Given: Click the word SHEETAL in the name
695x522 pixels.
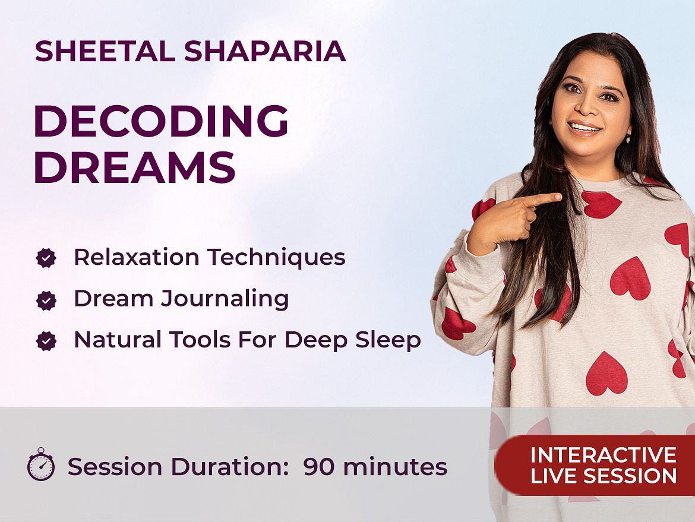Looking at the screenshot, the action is click(106, 51).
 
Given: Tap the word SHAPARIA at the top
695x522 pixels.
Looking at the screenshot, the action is click(265, 51).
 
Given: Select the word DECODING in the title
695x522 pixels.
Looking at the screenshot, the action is click(161, 121).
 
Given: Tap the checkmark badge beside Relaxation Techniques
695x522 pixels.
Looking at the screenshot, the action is click(46, 258).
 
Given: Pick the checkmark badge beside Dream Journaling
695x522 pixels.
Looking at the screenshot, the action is click(46, 300).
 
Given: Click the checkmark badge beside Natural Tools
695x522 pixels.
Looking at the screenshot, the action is click(46, 341).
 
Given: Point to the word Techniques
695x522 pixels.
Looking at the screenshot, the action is click(276, 258).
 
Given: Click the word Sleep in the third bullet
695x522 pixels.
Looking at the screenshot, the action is click(388, 340).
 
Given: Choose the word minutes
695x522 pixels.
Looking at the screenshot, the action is click(396, 467).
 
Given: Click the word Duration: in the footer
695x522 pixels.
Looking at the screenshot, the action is click(230, 467).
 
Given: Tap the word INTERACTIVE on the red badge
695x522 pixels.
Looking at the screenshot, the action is click(604, 455).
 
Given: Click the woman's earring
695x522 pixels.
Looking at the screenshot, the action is click(628, 139).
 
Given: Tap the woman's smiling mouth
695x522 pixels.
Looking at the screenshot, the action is click(584, 128).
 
